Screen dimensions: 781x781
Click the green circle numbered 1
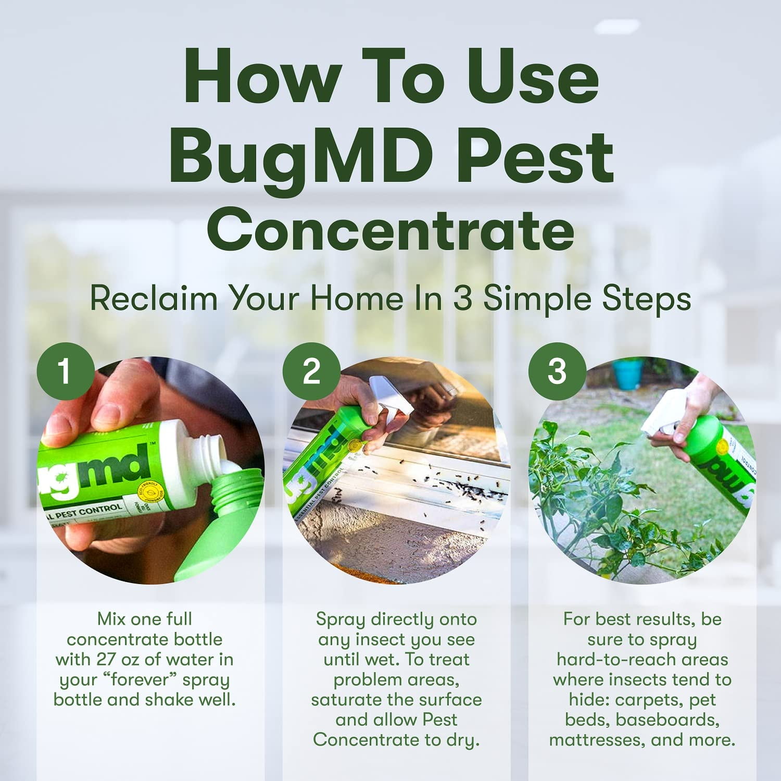(65, 371)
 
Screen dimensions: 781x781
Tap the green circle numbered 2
(311, 371)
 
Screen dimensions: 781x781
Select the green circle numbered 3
(557, 371)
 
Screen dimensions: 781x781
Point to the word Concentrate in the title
(391, 230)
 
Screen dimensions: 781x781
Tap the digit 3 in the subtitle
(462, 299)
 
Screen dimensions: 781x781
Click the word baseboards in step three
(668, 720)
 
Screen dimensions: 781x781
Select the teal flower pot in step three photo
(627, 373)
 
